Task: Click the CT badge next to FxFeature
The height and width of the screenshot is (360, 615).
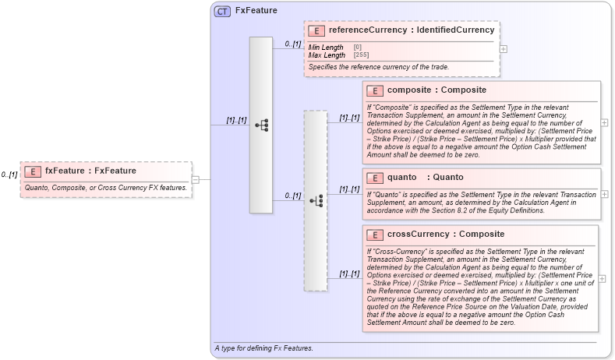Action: click(x=222, y=11)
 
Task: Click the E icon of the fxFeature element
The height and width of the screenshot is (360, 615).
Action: click(x=33, y=171)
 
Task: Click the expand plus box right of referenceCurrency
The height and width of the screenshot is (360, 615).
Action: click(x=504, y=48)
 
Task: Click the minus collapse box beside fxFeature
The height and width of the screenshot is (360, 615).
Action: click(x=195, y=179)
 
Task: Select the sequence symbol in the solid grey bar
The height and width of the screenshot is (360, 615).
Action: click(x=262, y=125)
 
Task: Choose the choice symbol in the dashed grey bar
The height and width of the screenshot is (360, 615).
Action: click(x=316, y=200)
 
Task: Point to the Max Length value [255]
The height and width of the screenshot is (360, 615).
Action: click(x=361, y=55)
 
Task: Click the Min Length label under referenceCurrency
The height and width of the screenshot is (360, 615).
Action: click(x=326, y=48)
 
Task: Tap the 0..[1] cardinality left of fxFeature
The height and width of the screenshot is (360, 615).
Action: click(x=9, y=175)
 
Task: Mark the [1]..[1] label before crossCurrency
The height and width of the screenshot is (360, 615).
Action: click(x=348, y=274)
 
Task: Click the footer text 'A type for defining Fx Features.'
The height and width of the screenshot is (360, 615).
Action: click(x=263, y=348)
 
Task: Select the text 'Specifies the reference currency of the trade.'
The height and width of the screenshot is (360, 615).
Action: click(x=379, y=67)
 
